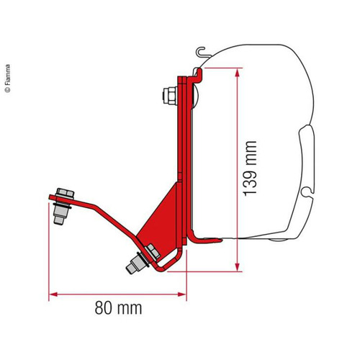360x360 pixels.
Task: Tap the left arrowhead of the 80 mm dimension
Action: coord(53,293)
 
